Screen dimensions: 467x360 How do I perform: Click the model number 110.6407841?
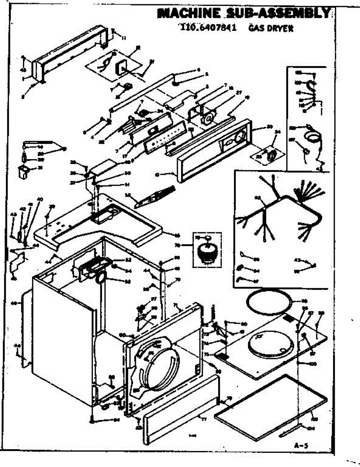209,28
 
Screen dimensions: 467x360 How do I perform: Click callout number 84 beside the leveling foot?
116,420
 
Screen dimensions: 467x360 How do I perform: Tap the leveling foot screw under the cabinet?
92,419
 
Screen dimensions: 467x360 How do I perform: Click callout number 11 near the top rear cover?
124,38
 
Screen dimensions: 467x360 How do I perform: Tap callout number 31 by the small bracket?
40,168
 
